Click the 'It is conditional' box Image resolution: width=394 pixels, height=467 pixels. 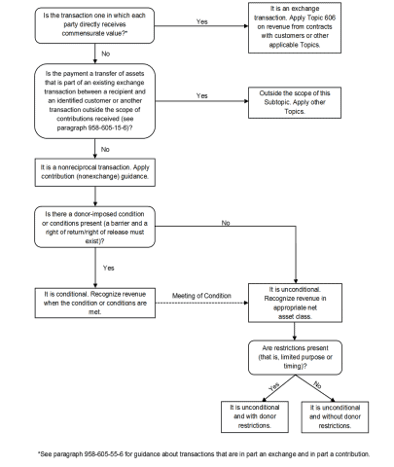(96, 296)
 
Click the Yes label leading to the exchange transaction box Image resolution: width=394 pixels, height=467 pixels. (202, 19)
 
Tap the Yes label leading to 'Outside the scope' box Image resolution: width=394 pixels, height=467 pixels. (202, 95)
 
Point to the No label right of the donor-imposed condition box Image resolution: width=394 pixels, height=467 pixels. (226, 223)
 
